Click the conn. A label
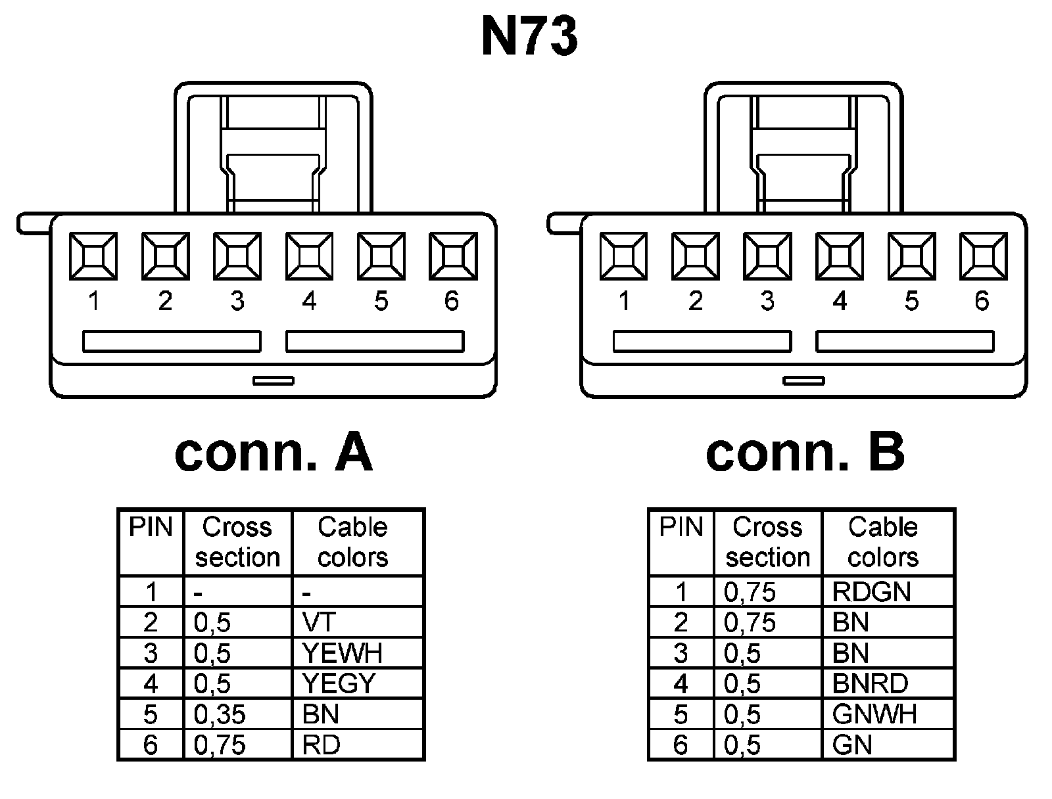coord(274,453)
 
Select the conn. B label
coord(805,453)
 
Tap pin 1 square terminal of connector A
coord(93,256)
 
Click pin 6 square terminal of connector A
coord(452,256)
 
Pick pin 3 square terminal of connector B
coord(767,256)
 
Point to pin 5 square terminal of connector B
coord(911,256)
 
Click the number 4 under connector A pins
coord(309,301)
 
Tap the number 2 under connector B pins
coord(696,301)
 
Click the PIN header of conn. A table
coord(151,528)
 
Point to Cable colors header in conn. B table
coord(883,542)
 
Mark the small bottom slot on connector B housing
coord(803,380)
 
